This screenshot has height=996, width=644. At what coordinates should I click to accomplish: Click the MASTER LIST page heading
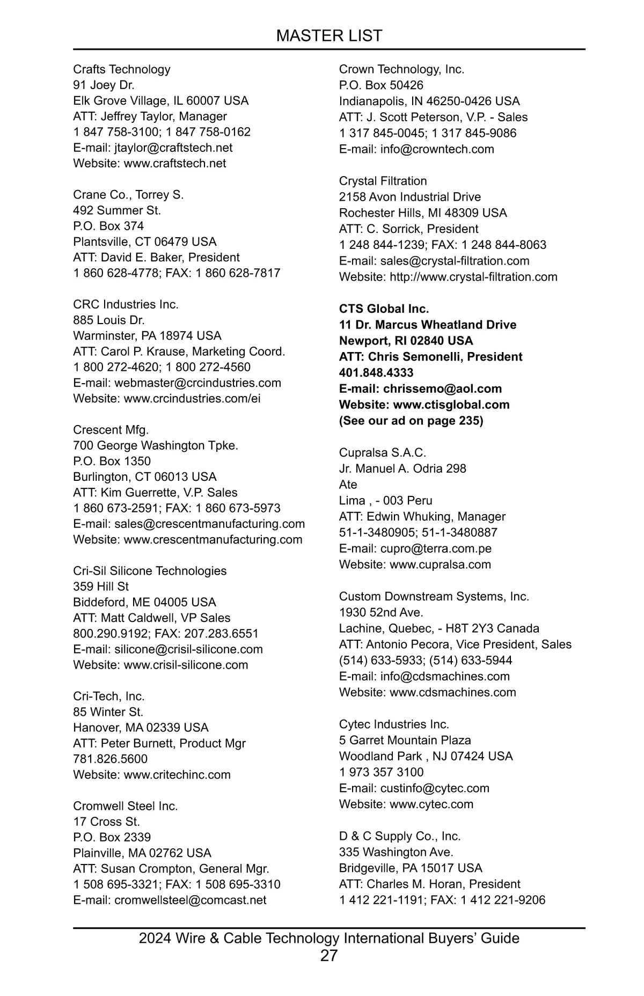pyautogui.click(x=329, y=36)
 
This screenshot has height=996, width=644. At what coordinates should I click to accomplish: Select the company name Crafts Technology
pyautogui.click(x=122, y=69)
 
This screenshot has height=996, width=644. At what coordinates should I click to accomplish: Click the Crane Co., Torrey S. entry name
pyautogui.click(x=128, y=195)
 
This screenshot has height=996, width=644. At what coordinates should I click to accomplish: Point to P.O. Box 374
pyautogui.click(x=108, y=226)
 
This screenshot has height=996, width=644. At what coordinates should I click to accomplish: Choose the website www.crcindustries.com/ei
pyautogui.click(x=192, y=398)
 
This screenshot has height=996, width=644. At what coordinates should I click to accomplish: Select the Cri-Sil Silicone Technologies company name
pyautogui.click(x=150, y=570)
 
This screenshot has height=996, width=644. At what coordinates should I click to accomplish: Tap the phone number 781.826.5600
pyautogui.click(x=110, y=759)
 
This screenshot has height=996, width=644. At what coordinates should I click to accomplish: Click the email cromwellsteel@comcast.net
pyautogui.click(x=190, y=900)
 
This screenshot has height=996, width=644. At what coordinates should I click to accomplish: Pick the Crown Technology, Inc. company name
pyautogui.click(x=401, y=69)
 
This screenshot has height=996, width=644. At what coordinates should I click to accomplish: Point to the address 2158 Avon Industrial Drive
pyautogui.click(x=410, y=197)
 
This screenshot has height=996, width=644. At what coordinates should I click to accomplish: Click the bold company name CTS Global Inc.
pyautogui.click(x=384, y=309)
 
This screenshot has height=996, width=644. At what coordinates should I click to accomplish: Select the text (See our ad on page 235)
pyautogui.click(x=411, y=421)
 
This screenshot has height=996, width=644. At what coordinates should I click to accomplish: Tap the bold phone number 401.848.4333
pyautogui.click(x=376, y=372)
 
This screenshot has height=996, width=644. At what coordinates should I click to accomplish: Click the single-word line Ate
pyautogui.click(x=348, y=485)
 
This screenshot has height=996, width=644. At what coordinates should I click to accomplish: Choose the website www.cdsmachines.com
pyautogui.click(x=452, y=692)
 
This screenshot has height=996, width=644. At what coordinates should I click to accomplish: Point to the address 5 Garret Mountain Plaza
pyautogui.click(x=405, y=740)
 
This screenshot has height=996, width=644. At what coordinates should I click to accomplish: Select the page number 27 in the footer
pyautogui.click(x=329, y=955)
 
